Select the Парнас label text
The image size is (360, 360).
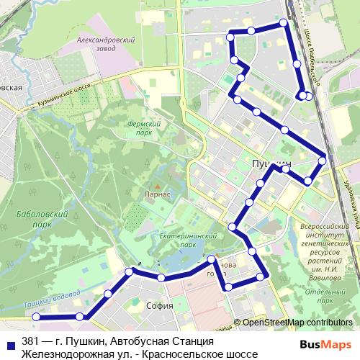coord(156,194)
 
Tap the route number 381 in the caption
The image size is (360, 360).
coord(31,341)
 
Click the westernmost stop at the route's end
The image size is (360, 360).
coord(35,316)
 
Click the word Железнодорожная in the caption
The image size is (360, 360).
coord(68,354)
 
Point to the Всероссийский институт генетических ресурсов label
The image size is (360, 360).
coord(323,238)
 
